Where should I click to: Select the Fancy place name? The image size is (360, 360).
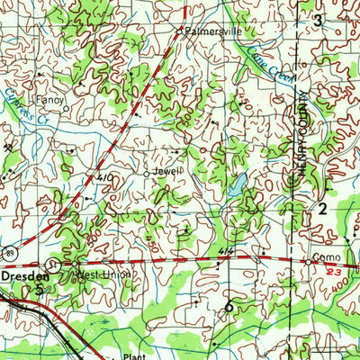coord(45,100)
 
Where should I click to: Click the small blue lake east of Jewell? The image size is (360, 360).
coord(236,188)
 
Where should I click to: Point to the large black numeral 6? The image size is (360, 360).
coord(229,307)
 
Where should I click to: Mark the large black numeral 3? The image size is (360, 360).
coord(317,19)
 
